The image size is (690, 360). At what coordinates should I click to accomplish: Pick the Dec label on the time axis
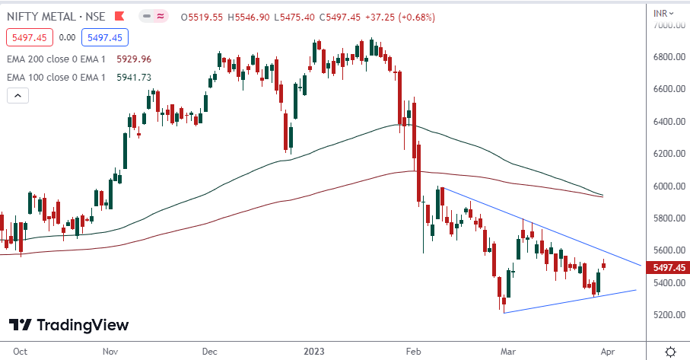tap(210, 352)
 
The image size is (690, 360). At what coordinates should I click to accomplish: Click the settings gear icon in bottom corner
tap(670, 352)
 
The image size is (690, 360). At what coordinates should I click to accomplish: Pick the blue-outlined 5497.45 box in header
tap(107, 37)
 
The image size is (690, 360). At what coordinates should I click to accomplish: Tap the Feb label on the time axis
tap(414, 352)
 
